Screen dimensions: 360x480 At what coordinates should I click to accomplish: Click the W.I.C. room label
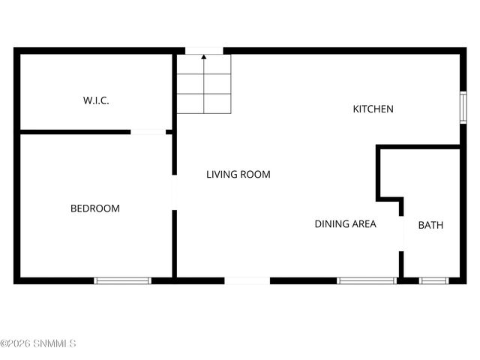[96, 100]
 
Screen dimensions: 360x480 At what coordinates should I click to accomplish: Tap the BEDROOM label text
[95, 208]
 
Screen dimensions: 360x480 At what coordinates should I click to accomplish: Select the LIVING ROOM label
[238, 175]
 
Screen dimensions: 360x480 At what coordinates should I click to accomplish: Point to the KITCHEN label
[373, 109]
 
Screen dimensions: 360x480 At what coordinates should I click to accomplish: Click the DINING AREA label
[345, 223]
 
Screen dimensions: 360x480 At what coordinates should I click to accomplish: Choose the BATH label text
[430, 225]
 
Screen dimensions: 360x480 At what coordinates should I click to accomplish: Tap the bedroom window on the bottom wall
[122, 280]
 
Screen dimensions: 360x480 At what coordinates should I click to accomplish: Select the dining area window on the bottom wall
[367, 280]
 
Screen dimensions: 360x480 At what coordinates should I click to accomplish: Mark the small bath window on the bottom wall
[433, 280]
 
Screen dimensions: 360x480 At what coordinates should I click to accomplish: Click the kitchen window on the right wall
[463, 106]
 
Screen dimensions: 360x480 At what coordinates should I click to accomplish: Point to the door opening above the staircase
[204, 51]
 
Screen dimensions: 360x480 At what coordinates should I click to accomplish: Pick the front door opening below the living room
[247, 280]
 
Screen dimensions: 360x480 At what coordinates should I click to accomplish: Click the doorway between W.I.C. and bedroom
[148, 133]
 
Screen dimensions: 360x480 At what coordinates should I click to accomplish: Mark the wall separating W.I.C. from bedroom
[75, 133]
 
